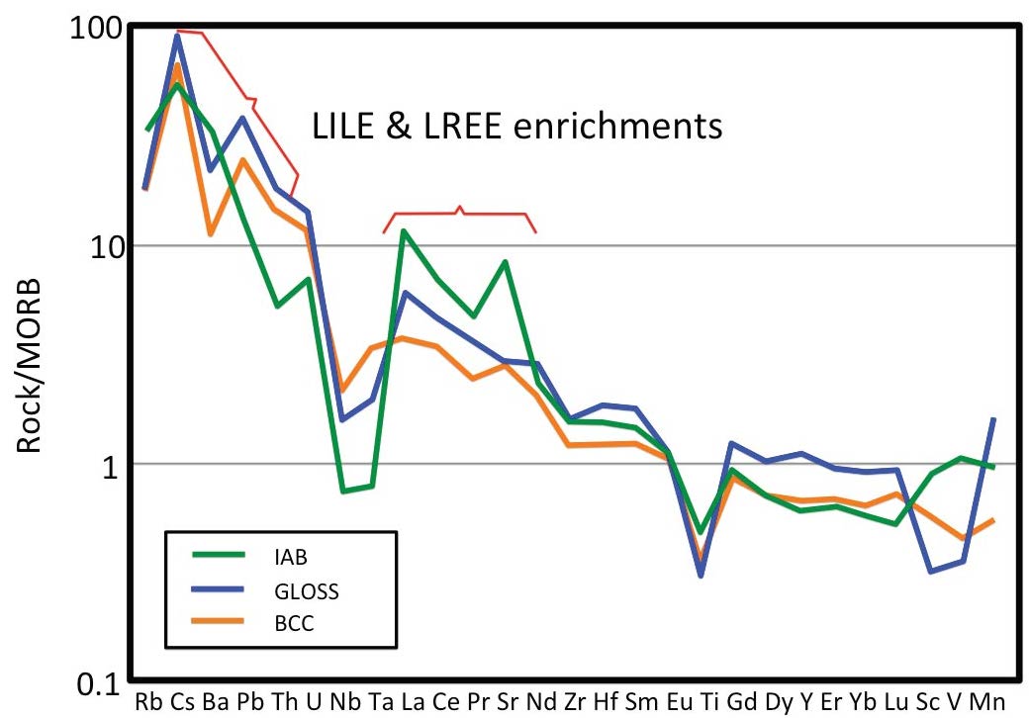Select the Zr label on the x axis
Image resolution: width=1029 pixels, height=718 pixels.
[x=576, y=702]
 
